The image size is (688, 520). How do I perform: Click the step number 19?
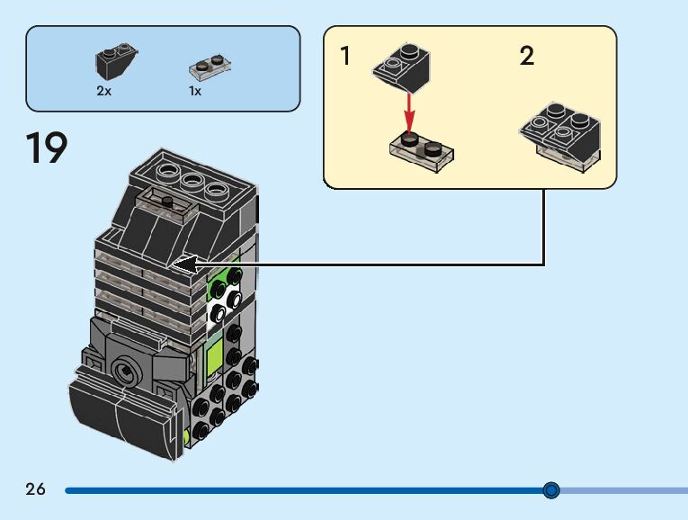[47, 148]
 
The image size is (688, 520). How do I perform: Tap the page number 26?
[35, 489]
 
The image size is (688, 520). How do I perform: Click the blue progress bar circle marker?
[551, 490]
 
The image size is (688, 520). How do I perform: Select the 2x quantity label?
[104, 91]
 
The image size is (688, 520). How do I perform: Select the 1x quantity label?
[195, 91]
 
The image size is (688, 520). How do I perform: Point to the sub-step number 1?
[345, 57]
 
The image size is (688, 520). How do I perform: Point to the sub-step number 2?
[527, 57]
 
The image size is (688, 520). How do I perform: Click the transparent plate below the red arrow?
[421, 152]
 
